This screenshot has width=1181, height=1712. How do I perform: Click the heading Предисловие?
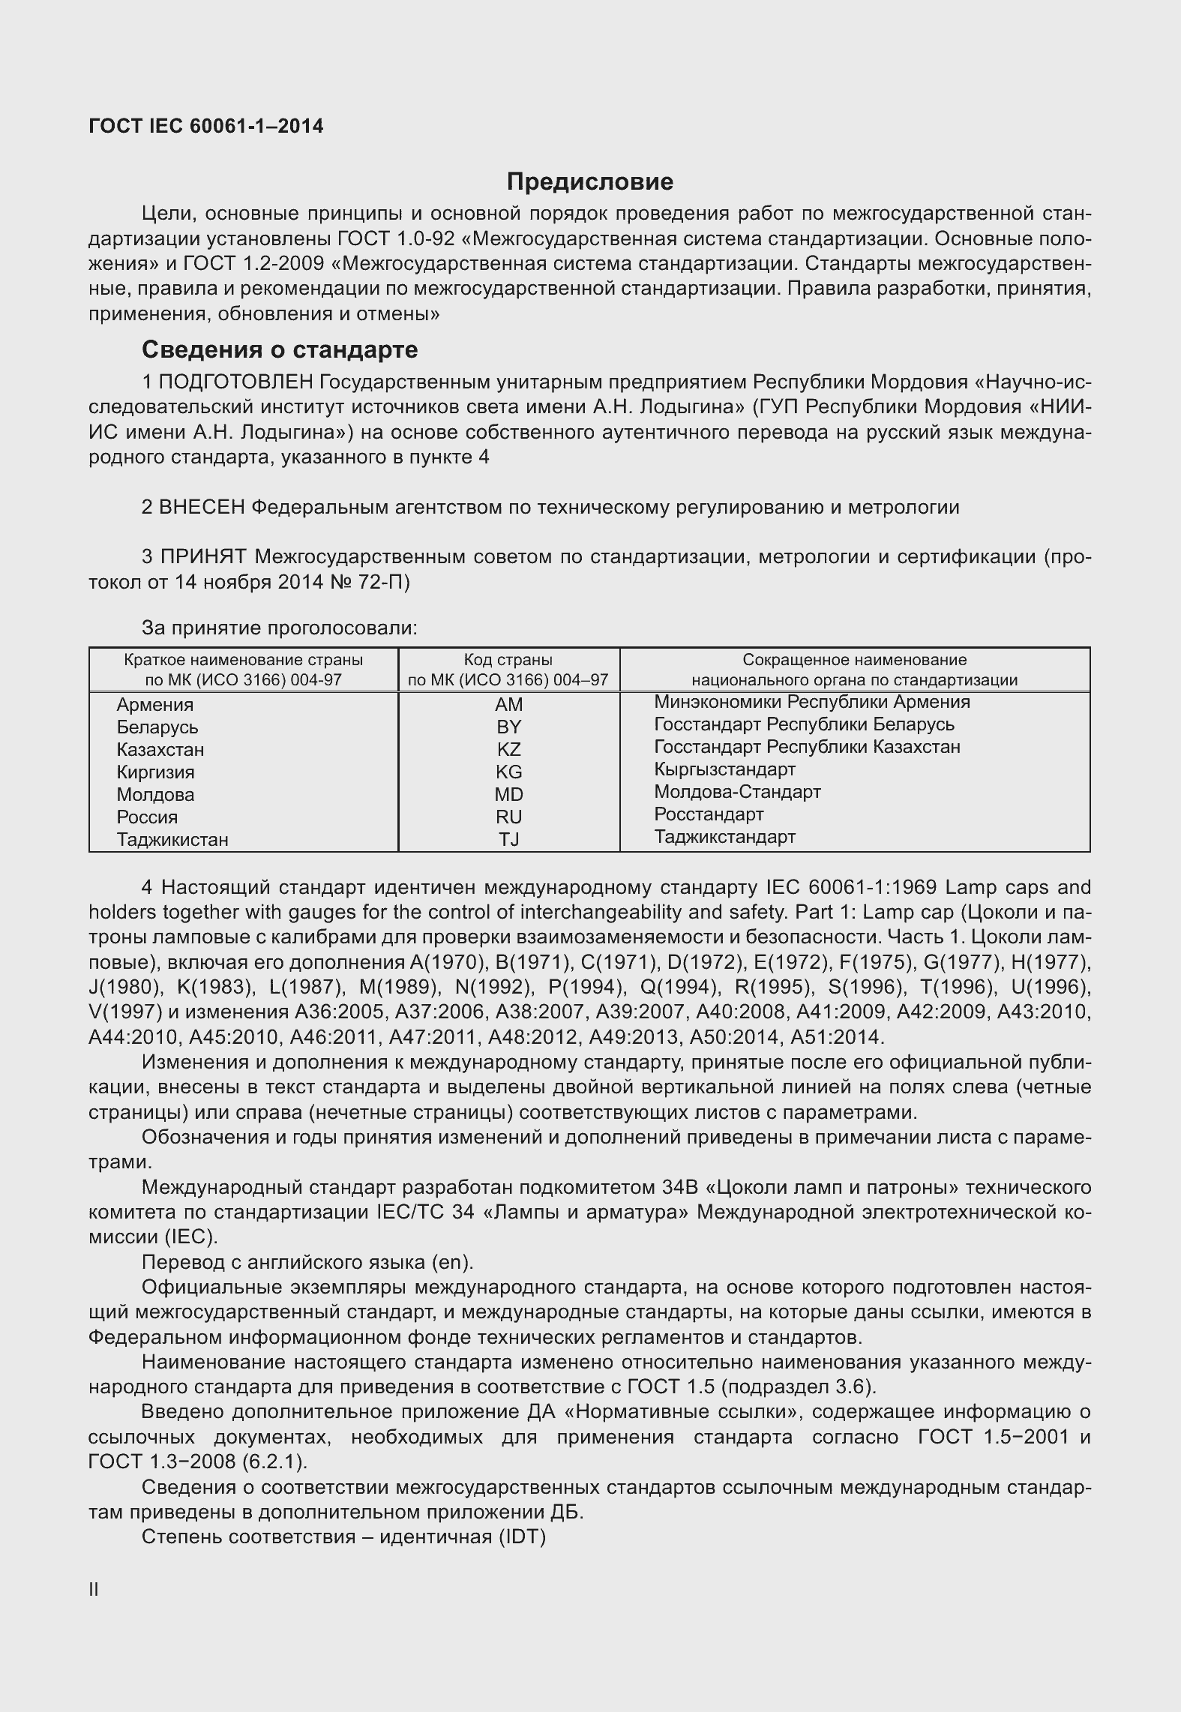click(590, 181)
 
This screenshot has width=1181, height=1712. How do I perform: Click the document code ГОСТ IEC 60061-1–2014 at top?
click(206, 126)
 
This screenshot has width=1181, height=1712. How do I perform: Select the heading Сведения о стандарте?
click(280, 349)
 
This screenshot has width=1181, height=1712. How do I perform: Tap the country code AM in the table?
click(508, 704)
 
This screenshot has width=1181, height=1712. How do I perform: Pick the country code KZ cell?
click(508, 749)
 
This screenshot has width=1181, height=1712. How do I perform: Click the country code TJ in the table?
click(508, 839)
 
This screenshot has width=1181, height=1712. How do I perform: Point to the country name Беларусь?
click(157, 727)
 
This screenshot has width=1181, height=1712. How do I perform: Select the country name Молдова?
click(155, 794)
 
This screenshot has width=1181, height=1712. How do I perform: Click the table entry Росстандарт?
click(709, 814)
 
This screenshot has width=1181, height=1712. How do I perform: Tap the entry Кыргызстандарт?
click(724, 769)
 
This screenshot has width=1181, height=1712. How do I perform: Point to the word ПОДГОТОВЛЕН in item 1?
click(235, 382)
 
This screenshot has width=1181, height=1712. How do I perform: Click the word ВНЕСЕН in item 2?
click(202, 507)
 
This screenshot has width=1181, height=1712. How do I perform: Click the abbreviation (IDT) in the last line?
click(520, 1537)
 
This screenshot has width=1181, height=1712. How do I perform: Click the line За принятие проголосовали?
click(279, 628)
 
